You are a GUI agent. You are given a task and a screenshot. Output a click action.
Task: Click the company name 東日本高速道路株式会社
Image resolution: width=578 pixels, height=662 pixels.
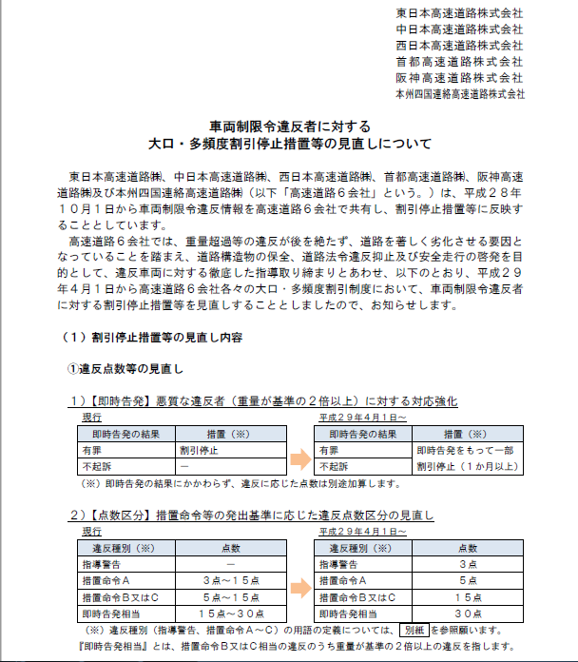460,13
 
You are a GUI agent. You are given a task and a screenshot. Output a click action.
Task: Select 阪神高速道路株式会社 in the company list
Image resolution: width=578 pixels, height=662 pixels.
460,78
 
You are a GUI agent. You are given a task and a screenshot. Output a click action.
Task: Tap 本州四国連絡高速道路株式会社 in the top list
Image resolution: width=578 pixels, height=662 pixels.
460,94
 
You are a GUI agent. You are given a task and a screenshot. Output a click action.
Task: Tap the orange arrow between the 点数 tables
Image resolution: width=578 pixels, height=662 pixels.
300,580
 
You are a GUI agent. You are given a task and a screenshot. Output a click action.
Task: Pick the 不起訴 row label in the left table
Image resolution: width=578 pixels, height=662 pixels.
96,466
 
